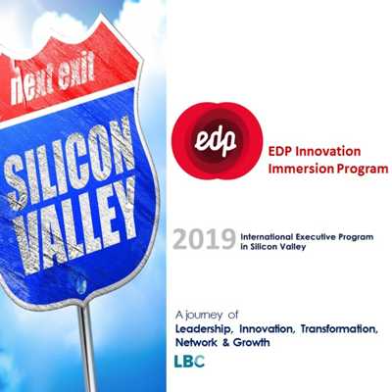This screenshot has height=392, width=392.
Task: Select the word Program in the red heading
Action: point(363,170)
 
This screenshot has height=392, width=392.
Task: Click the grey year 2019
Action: point(204,239)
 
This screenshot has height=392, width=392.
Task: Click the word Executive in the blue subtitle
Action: point(314,237)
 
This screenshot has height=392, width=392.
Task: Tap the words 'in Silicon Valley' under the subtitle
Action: point(273,247)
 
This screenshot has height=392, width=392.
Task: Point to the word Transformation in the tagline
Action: point(339,329)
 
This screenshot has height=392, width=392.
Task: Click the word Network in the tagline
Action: point(196,342)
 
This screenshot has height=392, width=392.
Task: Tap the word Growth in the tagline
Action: point(252,342)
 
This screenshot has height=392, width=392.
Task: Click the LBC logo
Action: point(189,362)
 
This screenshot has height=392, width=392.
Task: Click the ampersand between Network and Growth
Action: point(225,343)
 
